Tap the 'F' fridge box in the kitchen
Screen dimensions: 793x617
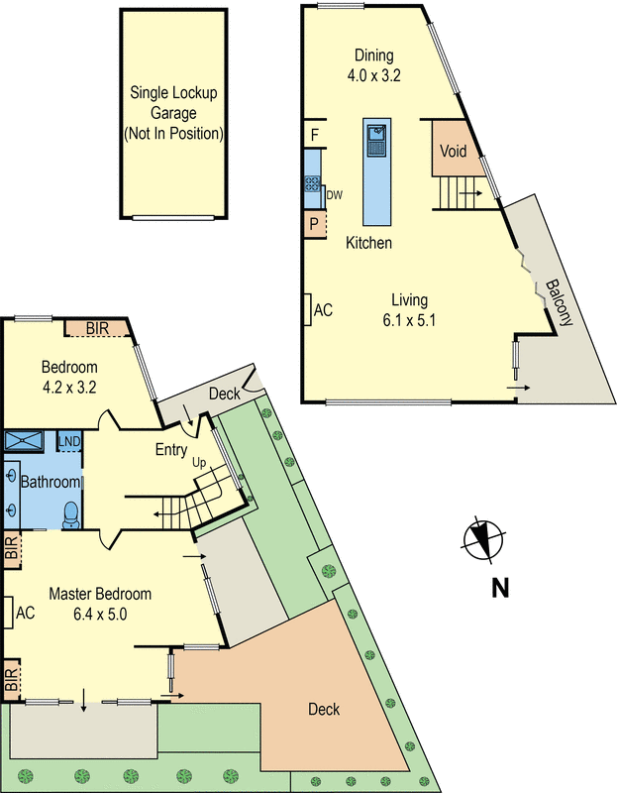[313, 133]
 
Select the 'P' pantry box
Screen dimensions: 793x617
[313, 224]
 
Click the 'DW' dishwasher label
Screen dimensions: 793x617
[334, 194]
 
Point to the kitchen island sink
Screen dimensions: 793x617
[376, 139]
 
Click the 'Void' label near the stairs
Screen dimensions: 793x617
[453, 152]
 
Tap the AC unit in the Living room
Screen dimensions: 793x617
[308, 309]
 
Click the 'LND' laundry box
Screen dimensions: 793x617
[68, 441]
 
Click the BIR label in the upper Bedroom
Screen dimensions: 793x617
[97, 328]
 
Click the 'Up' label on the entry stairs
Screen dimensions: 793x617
[198, 463]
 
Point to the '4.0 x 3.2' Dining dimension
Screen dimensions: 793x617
[372, 74]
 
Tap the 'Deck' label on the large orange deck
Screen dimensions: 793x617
[324, 709]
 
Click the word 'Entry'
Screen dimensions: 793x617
[171, 449]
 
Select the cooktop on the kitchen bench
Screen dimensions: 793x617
[312, 183]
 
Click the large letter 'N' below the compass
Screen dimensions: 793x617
[500, 588]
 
